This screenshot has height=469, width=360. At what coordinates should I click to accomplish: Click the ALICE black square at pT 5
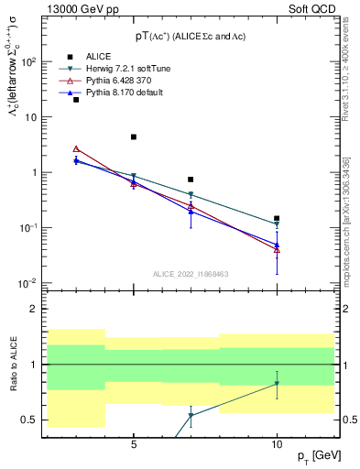coord(134,137)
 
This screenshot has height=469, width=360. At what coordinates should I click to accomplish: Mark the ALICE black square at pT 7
coord(191,180)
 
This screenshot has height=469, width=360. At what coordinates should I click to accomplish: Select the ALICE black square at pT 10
coord(277,219)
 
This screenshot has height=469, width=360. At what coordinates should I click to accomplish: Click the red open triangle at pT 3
coord(76,148)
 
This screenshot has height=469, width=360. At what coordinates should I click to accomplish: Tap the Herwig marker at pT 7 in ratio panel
coord(191,416)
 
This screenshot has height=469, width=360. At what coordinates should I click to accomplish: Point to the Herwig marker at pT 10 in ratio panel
coord(277,384)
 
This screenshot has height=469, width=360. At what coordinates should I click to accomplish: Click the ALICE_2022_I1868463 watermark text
coord(191,274)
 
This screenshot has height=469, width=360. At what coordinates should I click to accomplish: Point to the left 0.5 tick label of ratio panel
coord(30,420)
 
